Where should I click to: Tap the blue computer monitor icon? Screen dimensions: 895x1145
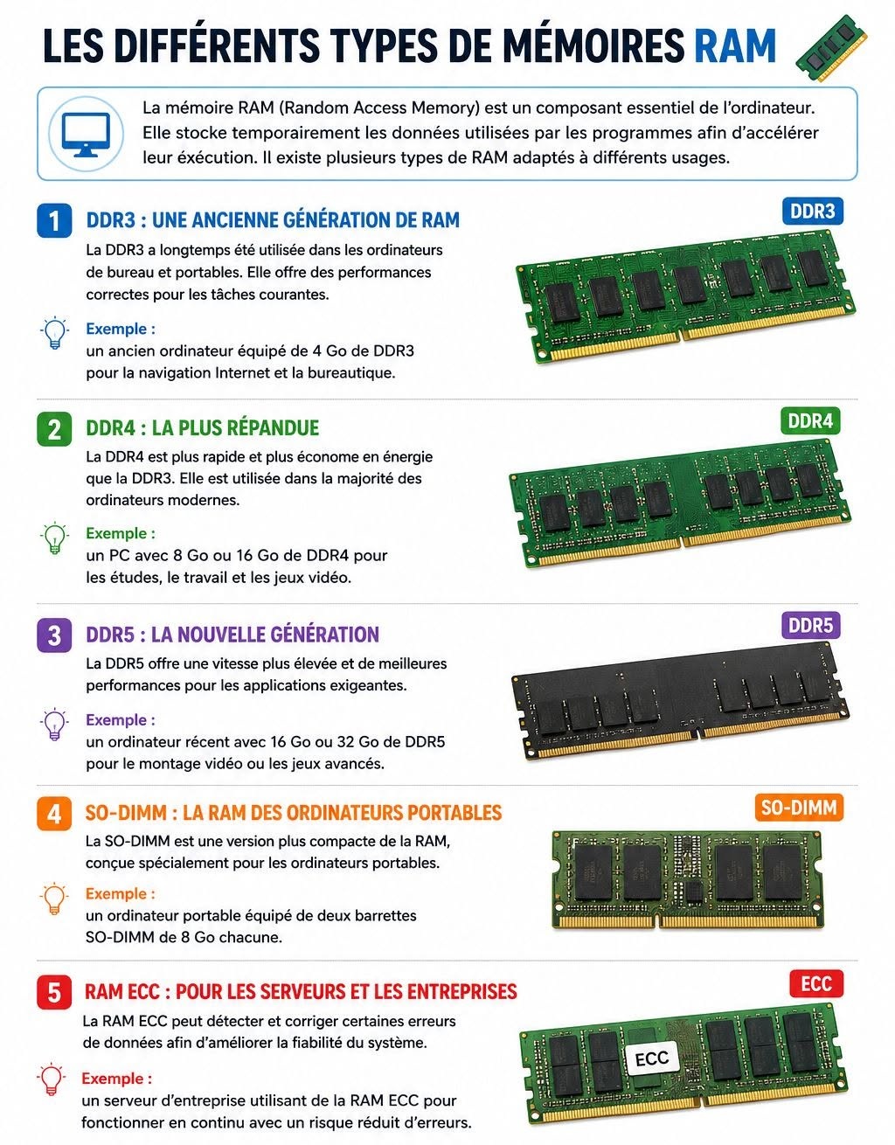click(86, 134)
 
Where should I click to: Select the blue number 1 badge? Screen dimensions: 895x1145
click(54, 220)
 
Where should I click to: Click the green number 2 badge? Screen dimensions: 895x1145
click(54, 429)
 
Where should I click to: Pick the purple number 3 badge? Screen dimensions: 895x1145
click(54, 635)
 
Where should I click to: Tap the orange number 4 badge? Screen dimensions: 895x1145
click(54, 814)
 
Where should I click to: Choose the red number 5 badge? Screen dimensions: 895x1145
click(54, 992)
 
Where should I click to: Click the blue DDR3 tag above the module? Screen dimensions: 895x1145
click(812, 212)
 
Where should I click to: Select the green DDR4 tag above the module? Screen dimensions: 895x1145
click(810, 421)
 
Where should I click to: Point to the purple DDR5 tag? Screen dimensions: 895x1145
click(811, 626)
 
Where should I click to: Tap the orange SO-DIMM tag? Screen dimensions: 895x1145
click(799, 808)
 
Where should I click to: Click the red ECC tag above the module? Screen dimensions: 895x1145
click(816, 984)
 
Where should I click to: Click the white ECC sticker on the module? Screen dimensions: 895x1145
click(652, 1059)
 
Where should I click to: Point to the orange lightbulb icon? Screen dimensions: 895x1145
click(53, 898)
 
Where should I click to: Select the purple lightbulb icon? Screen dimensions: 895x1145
click(54, 724)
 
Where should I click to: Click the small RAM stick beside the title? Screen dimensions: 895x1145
click(832, 48)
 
